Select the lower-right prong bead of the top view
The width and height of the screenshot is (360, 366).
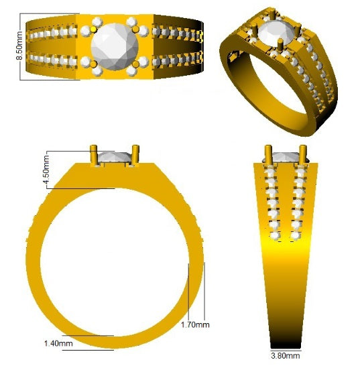(136, 63)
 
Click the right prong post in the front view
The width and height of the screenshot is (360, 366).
(135, 155)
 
